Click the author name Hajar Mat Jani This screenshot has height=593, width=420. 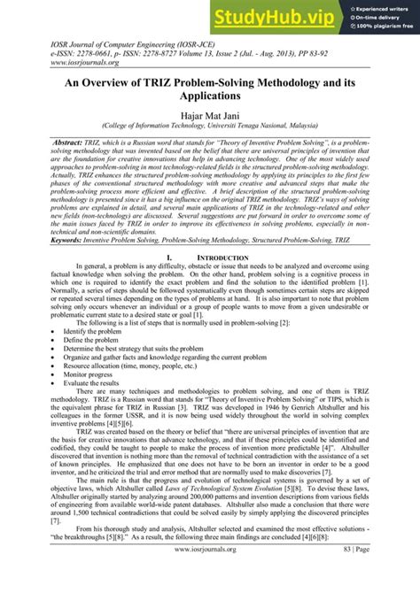210,113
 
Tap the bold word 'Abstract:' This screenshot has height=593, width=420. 54,142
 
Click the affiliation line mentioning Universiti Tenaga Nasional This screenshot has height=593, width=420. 210,125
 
